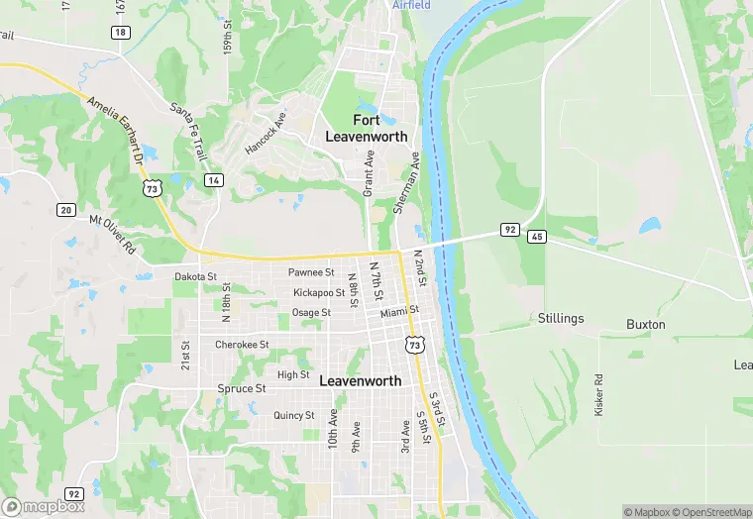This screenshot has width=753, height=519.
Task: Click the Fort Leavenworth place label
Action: [367, 129]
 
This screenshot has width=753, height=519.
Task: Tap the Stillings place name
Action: [561, 319]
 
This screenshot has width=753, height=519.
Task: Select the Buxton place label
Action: [646, 325]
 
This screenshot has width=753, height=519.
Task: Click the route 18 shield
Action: [120, 33]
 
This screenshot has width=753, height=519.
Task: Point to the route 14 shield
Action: [214, 180]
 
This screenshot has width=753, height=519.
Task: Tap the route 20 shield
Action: [66, 209]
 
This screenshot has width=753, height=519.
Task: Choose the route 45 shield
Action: [537, 237]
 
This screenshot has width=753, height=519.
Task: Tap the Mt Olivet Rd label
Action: [111, 234]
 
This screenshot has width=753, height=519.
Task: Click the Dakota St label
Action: [195, 277]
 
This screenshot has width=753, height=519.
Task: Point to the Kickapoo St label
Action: [319, 293]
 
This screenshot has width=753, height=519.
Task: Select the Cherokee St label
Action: [242, 345]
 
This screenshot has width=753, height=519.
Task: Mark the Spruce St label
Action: [241, 389]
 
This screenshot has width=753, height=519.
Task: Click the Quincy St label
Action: [294, 416]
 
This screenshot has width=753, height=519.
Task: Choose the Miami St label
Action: [400, 311]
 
